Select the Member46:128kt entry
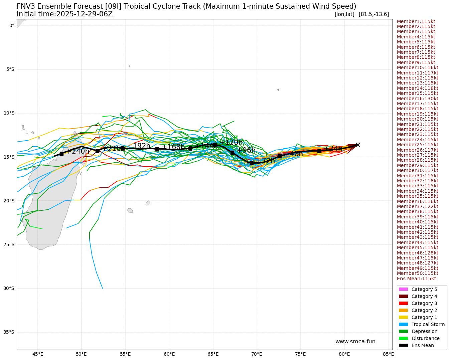[x=417, y=253]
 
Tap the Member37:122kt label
[x=417, y=206]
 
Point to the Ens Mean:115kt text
[x=416, y=279]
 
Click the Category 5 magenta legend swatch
[x=403, y=289]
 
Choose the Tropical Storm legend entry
[x=428, y=324]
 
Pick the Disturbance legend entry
[x=425, y=338]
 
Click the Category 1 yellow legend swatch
[x=403, y=317]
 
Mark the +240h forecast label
[x=78, y=151]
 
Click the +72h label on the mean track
[x=266, y=161]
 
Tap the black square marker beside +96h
[x=232, y=153]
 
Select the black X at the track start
[x=358, y=145]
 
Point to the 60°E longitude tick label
[x=169, y=354]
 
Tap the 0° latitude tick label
[x=11, y=25]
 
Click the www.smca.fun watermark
[x=355, y=342]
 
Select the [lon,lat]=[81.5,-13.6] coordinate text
[x=361, y=14]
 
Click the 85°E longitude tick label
[x=388, y=354]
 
